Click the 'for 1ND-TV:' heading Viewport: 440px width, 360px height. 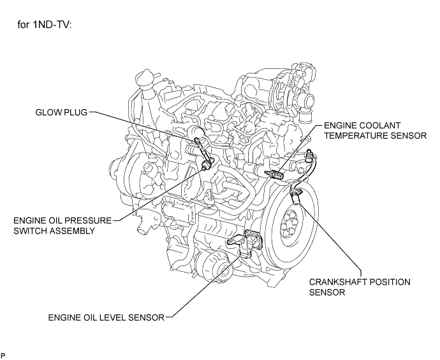pos(45,25)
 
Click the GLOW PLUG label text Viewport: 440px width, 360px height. pos(61,112)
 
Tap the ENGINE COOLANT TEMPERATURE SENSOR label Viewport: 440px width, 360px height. pos(375,130)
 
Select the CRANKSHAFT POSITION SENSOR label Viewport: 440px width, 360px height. pos(360,287)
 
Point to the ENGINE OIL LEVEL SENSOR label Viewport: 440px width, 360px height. pos(106,317)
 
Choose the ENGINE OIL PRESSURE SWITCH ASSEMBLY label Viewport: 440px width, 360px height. pos(62,225)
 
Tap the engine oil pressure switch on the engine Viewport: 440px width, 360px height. pos(206,166)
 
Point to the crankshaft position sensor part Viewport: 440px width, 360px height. pos(295,196)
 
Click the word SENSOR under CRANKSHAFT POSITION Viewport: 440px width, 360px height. pos(327,292)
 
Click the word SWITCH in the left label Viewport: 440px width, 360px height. pos(31,231)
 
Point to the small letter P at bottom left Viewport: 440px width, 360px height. pos(3,356)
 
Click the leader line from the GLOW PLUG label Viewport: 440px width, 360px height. pos(143,125)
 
